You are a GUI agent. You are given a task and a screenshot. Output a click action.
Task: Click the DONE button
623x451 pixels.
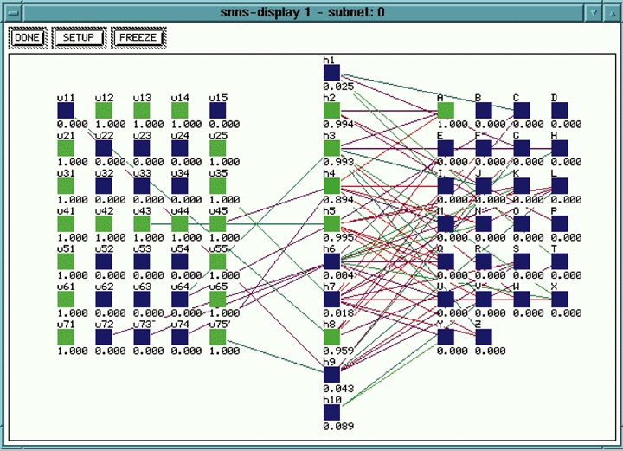click(x=27, y=38)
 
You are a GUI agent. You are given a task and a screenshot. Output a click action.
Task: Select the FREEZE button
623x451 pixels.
click(x=138, y=38)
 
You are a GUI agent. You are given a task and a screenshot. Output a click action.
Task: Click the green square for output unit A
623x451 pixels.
click(x=446, y=110)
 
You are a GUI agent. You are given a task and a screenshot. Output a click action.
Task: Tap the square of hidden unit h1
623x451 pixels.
click(x=331, y=73)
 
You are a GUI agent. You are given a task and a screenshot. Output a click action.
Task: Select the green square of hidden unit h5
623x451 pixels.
click(x=331, y=223)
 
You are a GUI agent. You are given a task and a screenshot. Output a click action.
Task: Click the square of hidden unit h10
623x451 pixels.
click(x=331, y=411)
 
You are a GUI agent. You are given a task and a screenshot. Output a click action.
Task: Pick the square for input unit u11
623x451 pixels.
click(x=66, y=111)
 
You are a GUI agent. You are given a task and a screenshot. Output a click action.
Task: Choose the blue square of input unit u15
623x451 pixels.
click(x=218, y=111)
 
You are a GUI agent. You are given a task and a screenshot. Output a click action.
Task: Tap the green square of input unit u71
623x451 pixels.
click(x=66, y=337)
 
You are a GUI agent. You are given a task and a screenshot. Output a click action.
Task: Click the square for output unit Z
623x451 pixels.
click(x=484, y=336)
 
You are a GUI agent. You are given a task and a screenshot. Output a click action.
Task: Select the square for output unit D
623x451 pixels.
click(x=560, y=110)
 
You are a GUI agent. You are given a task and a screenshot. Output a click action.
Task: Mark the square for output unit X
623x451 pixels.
click(x=560, y=298)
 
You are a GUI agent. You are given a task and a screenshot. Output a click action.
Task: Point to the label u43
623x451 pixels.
click(x=142, y=211)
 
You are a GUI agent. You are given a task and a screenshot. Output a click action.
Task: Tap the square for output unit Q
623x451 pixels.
click(x=446, y=261)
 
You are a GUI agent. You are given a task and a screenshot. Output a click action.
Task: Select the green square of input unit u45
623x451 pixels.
click(x=218, y=223)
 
